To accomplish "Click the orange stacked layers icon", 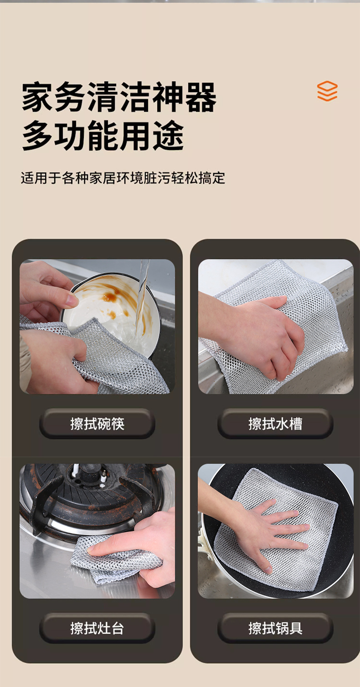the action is [x=327, y=91].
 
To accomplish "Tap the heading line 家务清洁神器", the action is [x=119, y=97].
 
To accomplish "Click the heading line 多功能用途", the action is [x=103, y=135].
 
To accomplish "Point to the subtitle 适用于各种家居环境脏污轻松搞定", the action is [x=123, y=178].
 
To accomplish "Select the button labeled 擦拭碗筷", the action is [x=97, y=424].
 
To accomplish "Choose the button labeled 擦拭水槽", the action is [x=275, y=424].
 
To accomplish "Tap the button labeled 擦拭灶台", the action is [x=97, y=628].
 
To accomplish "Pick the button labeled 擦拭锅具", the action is [x=275, y=628].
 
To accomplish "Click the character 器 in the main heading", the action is [x=201, y=97].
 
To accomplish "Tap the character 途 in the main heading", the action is [x=169, y=135].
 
